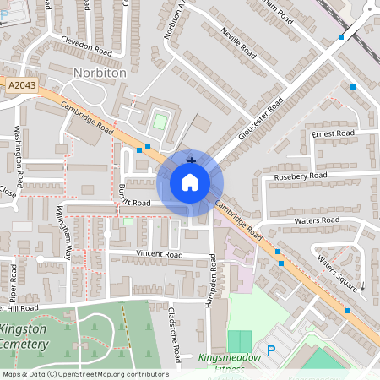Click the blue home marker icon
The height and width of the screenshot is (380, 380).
190,182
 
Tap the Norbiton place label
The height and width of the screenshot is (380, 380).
100,73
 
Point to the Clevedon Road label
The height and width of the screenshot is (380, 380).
85,44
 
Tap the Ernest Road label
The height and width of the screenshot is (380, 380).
333,133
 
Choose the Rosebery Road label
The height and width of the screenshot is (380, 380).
301,176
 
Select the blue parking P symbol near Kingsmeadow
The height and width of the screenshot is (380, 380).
271,350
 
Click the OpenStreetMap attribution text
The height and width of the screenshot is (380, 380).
84,374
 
